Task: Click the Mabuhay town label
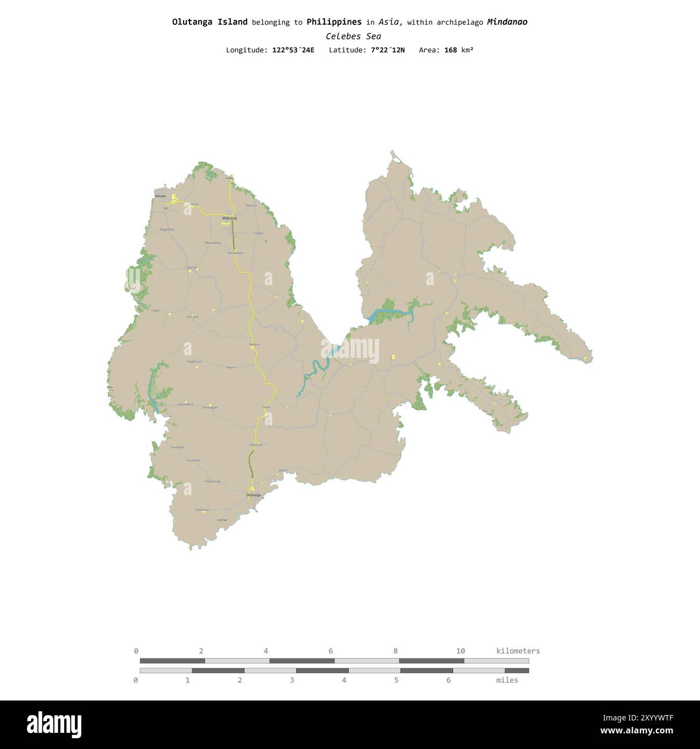pos(229,218)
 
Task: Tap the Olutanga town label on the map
pos(253,495)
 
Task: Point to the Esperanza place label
pos(194,361)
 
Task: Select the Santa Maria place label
pos(185,404)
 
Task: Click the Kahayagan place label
pos(209,407)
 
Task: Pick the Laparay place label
pos(191,267)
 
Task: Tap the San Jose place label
pos(192,317)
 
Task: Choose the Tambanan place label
pos(202,509)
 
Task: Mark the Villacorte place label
pos(255,445)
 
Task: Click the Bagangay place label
pos(167,230)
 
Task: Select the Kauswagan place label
pos(235,253)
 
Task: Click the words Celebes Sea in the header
pos(353,37)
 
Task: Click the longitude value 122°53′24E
pos(293,50)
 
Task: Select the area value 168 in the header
pos(450,50)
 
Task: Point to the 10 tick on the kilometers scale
pos(460,651)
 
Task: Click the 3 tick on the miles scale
pos(292,680)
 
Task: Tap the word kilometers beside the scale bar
pos(517,651)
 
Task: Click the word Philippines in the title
pos(334,22)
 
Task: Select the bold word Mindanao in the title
pos(507,22)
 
